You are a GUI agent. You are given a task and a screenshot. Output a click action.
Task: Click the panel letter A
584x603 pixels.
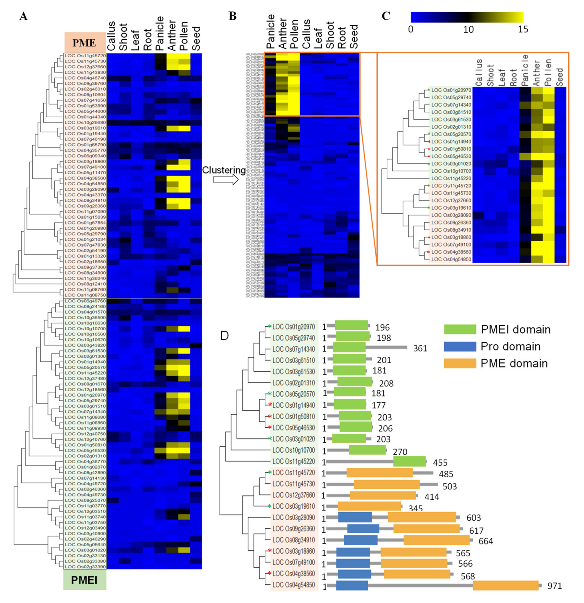(x=23, y=16)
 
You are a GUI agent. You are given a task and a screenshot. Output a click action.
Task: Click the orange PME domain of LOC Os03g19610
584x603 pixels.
(x=369, y=506)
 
